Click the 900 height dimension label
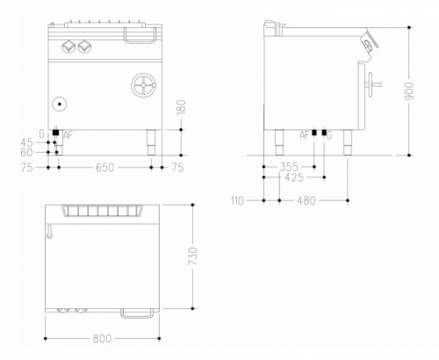pos(409,91)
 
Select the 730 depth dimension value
pos(192,256)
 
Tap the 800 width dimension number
pos(102,339)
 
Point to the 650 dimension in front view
pos(104,168)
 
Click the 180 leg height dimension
pos(182,107)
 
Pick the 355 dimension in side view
pos(289,167)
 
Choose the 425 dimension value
pos(294,177)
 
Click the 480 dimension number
pos(306,201)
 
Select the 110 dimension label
pos(237,201)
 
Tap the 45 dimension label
pos(26,142)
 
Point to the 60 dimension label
pos(26,153)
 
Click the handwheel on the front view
pos(144,85)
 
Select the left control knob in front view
pos(68,46)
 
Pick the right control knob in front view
pos(84,46)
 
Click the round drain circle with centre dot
pos(60,104)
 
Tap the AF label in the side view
pos(305,135)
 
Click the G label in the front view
pos(42,134)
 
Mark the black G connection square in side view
pos(324,133)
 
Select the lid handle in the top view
pos(137,313)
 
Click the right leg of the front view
pos(151,142)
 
